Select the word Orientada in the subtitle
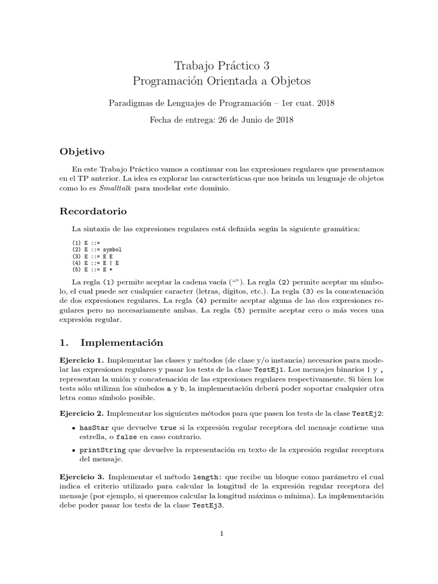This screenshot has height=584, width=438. click(238, 82)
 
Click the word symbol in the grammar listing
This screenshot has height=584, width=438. click(112, 250)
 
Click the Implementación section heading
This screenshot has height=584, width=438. click(121, 343)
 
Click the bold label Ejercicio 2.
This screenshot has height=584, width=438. click(82, 413)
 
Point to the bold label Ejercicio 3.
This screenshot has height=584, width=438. click(82, 476)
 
